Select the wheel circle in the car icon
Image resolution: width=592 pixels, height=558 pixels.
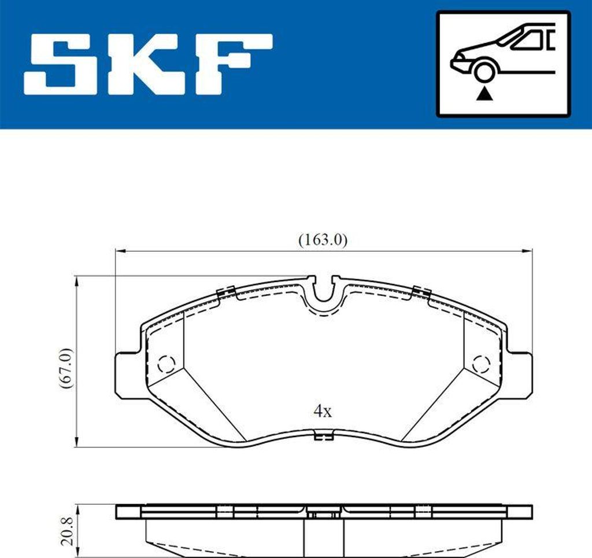click(x=483, y=71)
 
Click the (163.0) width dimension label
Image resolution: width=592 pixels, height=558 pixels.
click(x=323, y=240)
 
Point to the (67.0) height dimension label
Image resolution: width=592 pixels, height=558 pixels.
click(x=67, y=368)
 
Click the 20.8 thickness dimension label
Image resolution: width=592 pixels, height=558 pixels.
click(x=68, y=531)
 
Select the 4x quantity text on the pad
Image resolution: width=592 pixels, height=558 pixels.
click(x=322, y=412)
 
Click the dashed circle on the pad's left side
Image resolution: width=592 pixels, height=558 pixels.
click(x=166, y=364)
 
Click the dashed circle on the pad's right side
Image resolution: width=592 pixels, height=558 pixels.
click(x=480, y=364)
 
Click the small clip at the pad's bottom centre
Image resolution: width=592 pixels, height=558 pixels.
click(x=323, y=436)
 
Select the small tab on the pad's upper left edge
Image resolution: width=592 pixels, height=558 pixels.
click(x=224, y=292)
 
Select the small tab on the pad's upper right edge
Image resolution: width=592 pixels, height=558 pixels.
click(x=421, y=292)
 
